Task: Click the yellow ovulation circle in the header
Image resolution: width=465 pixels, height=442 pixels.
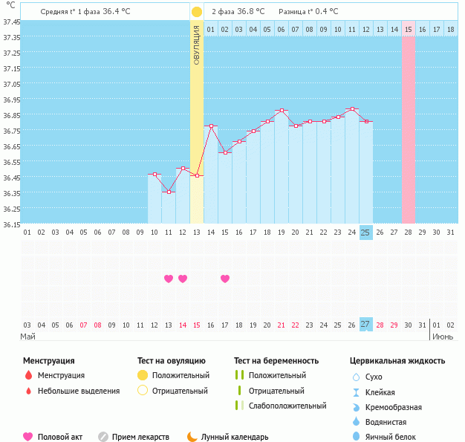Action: coord(196,12)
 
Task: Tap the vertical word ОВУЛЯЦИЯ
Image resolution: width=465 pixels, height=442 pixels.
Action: coord(196,45)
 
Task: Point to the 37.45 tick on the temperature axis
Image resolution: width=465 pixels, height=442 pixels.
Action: coord(11,22)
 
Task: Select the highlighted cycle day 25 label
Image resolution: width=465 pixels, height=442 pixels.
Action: coord(365,233)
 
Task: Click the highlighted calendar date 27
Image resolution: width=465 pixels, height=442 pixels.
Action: coord(365,324)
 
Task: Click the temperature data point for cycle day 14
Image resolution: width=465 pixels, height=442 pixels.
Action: coord(211,126)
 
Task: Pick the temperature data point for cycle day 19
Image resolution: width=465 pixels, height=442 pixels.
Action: coord(282,111)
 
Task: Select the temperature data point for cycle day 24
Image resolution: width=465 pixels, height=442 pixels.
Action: coord(351,109)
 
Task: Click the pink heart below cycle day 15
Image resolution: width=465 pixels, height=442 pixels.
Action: coord(225,279)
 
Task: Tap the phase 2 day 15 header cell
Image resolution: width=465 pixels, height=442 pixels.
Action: coord(409,29)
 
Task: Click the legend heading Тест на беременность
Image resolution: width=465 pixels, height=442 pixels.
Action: coord(276,361)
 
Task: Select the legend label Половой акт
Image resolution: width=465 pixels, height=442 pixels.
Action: coord(61,438)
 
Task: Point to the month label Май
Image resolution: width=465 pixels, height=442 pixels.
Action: coord(27,337)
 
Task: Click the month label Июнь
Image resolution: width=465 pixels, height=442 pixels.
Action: coord(443,337)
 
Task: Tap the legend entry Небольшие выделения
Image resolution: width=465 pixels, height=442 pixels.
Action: coord(79,391)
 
